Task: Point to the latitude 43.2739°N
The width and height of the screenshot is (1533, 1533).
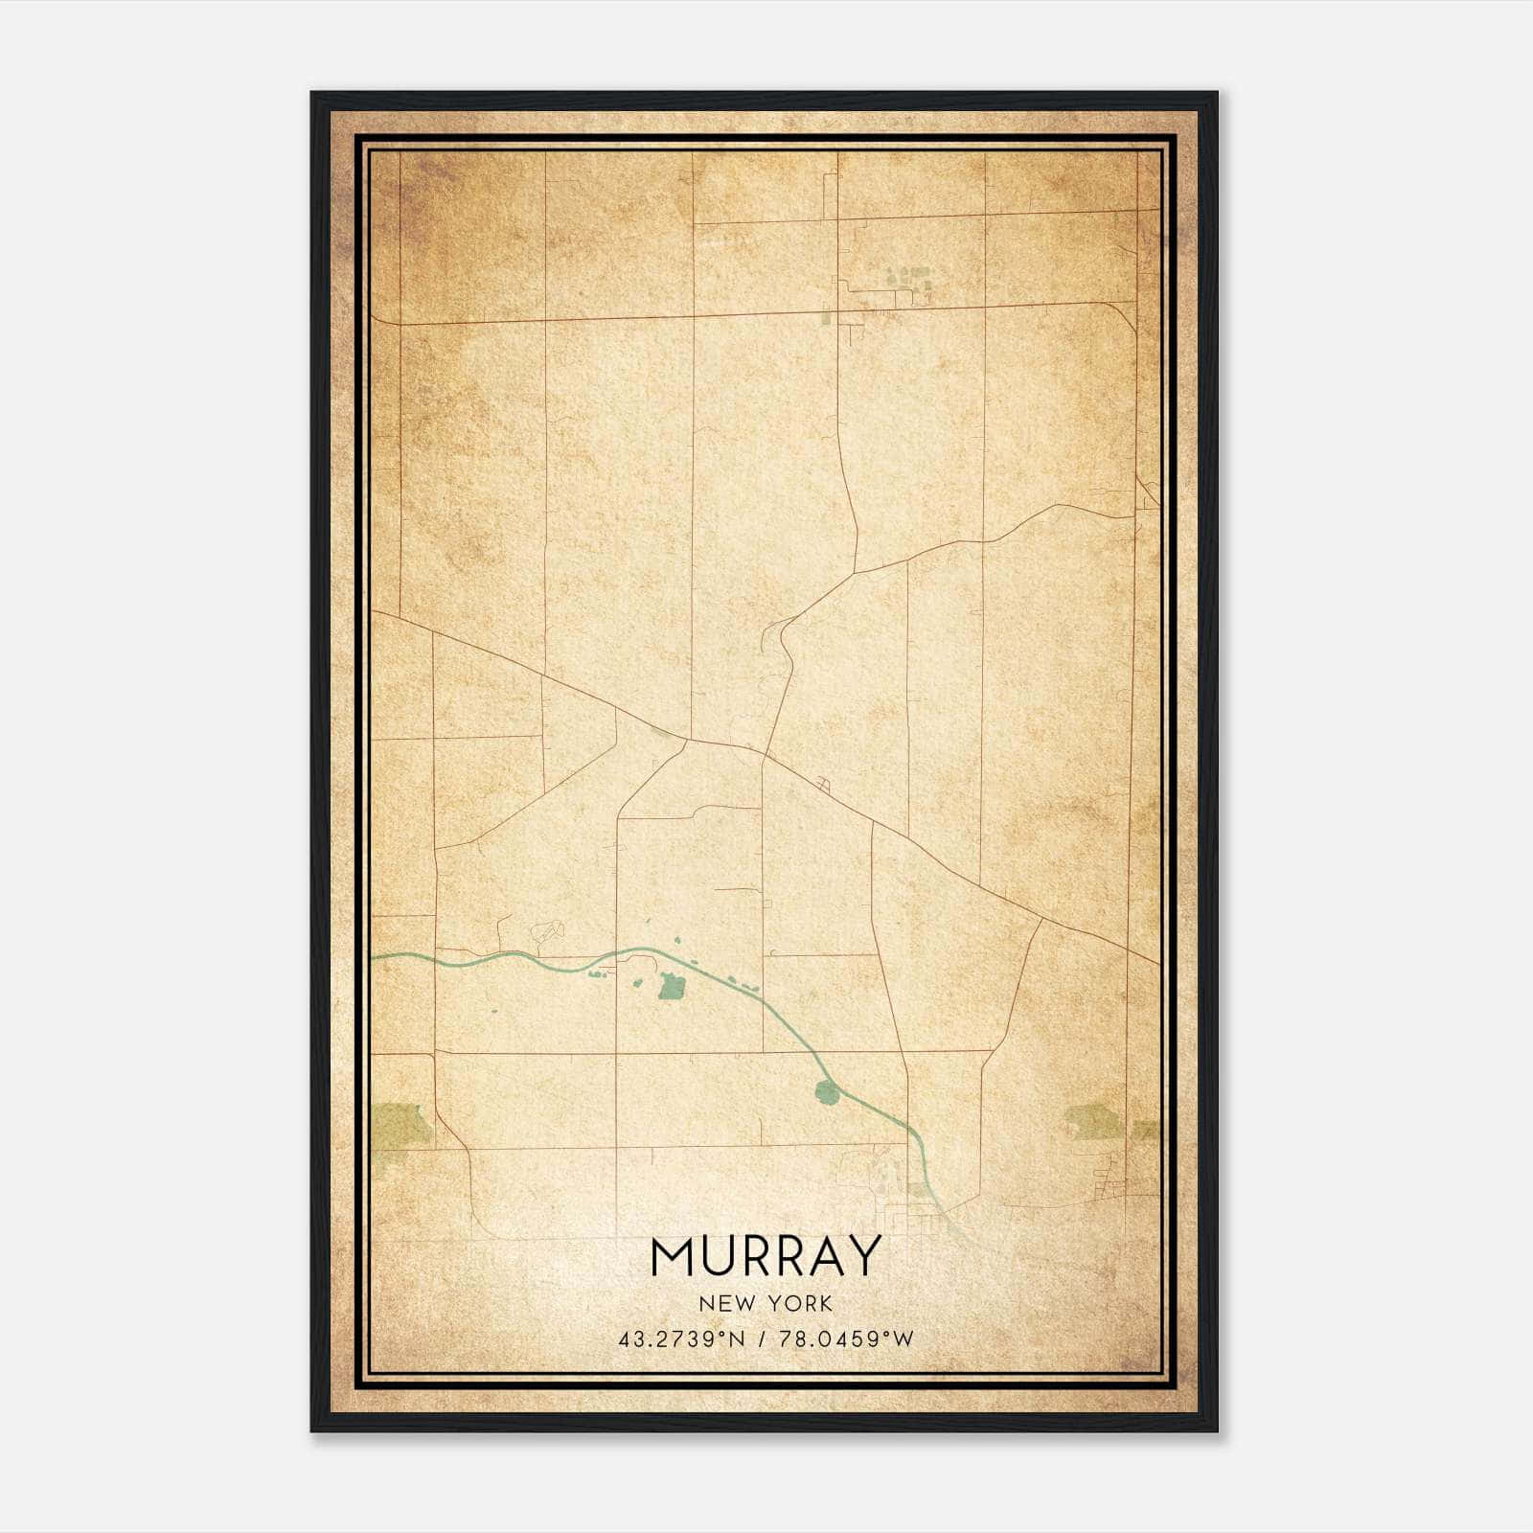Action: coord(681,1339)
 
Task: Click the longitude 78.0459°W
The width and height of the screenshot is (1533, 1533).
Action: coord(845,1339)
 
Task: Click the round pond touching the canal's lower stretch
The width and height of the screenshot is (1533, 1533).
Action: coord(825,1090)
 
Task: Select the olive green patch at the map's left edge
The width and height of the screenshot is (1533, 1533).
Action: coord(400,1124)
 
